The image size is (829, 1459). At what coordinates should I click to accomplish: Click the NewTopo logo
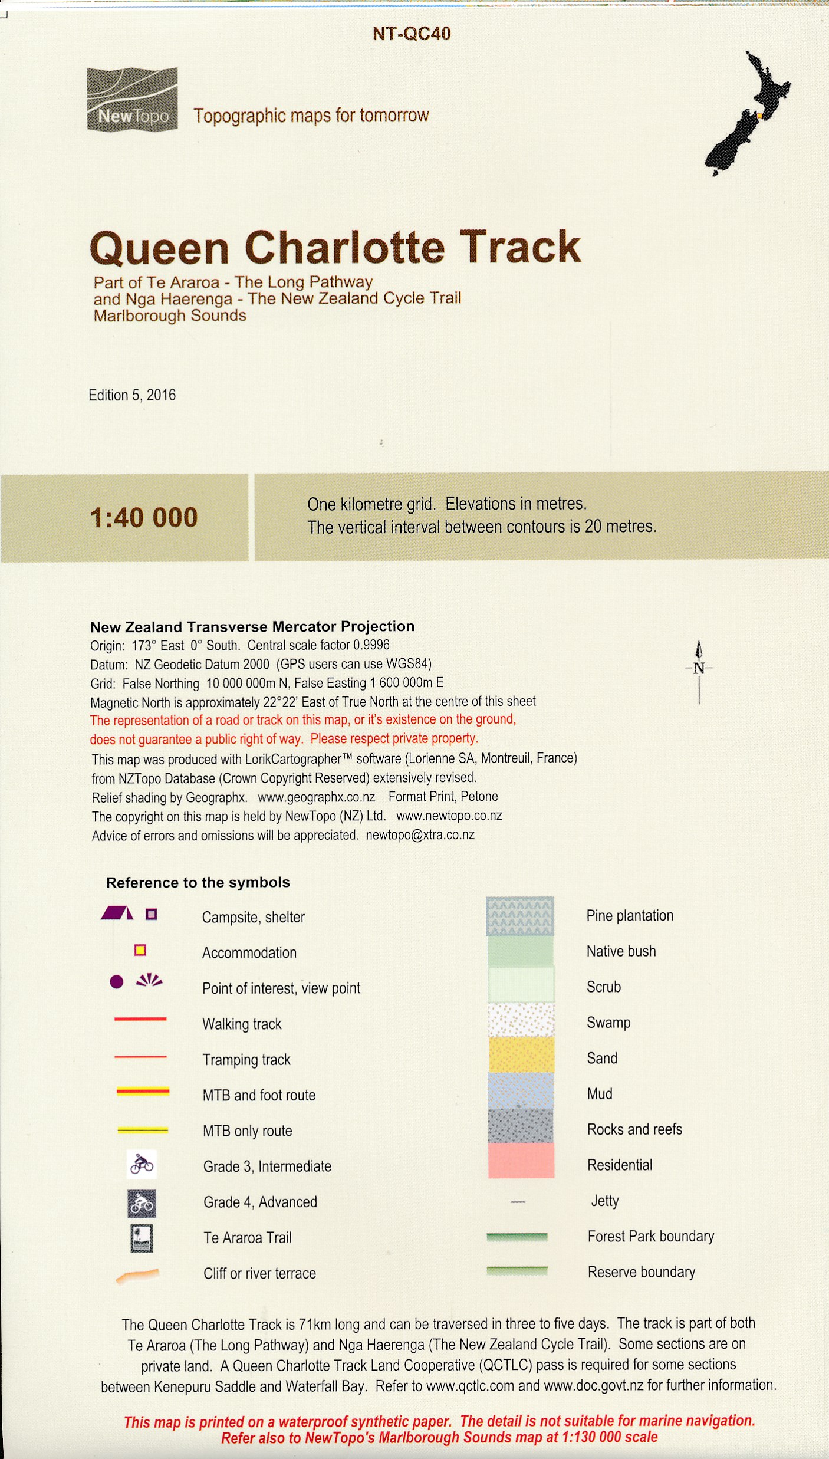pos(132,99)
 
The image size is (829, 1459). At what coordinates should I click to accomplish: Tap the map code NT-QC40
pos(412,34)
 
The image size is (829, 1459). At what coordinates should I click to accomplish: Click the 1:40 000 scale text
pos(144,518)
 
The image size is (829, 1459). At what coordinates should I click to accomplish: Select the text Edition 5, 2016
pos(132,395)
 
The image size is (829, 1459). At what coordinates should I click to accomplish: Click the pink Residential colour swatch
pos(521,1161)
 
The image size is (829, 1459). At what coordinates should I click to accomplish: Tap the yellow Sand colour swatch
pos(521,1054)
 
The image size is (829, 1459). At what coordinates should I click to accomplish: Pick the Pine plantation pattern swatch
pos(519,916)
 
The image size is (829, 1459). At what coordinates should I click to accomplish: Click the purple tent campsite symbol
pos(117,913)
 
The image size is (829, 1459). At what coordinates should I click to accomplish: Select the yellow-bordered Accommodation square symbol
pos(140,950)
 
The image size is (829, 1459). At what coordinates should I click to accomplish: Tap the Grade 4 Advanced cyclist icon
pos(142,1204)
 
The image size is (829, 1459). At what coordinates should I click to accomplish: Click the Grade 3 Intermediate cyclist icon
pos(142,1165)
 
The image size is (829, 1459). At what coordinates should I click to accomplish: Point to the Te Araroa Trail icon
pos(142,1238)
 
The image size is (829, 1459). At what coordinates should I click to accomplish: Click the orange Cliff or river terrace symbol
pos(137,1274)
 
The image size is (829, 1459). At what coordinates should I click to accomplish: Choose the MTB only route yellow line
pos(143,1130)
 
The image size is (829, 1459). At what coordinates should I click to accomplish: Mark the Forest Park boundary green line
pos(517,1237)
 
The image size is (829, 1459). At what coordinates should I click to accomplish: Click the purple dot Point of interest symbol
pos(117,982)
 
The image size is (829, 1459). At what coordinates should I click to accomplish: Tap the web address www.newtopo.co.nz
pos(449,816)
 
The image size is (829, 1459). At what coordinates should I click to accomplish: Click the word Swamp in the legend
pos(608,1023)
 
